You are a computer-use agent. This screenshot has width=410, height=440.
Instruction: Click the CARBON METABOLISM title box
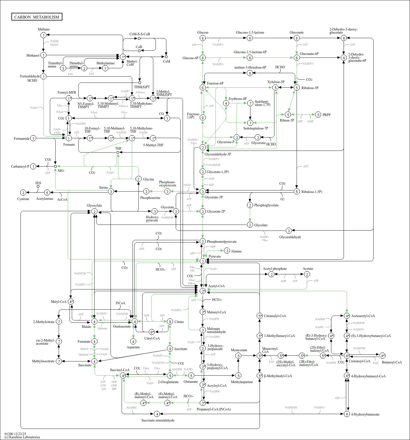pyautogui.click(x=37, y=17)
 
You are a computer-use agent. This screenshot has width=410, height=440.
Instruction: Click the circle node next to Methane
pyautogui.click(x=43, y=35)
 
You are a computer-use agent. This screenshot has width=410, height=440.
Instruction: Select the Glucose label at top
pyautogui.click(x=203, y=32)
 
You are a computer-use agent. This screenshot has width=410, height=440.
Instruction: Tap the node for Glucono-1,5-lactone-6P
pyautogui.click(x=250, y=58)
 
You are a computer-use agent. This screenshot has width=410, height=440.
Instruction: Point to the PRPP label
pyautogui.click(x=327, y=115)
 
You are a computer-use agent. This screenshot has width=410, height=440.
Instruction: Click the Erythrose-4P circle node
pyautogui.click(x=226, y=103)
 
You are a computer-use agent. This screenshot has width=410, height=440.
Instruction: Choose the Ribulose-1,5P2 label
pyautogui.click(x=312, y=192)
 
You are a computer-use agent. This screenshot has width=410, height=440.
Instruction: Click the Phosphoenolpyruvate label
pyautogui.click(x=221, y=242)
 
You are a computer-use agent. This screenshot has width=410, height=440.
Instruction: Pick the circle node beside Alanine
pyautogui.click(x=227, y=251)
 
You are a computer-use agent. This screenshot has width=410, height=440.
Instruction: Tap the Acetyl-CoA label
pyautogui.click(x=216, y=286)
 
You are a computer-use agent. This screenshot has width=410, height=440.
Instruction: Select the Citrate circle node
pyautogui.click(x=170, y=322)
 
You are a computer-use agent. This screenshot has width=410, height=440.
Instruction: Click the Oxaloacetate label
pyautogui.click(x=122, y=326)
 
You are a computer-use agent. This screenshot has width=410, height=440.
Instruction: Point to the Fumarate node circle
pyautogui.click(x=94, y=341)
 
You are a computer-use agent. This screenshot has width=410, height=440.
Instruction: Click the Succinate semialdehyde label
pyautogui.click(x=158, y=420)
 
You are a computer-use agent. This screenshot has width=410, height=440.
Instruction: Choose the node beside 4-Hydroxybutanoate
pyautogui.click(x=347, y=414)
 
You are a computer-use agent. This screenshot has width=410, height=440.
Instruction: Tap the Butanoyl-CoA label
pyautogui.click(x=392, y=362)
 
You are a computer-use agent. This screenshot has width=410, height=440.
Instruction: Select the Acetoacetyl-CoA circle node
pyautogui.click(x=347, y=316)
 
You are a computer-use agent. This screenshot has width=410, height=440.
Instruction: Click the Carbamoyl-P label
pyautogui.click(x=20, y=166)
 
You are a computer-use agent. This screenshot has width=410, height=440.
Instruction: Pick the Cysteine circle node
pyautogui.click(x=23, y=193)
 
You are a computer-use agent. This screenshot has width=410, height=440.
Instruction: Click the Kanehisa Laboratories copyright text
pyautogui.click(x=22, y=437)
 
